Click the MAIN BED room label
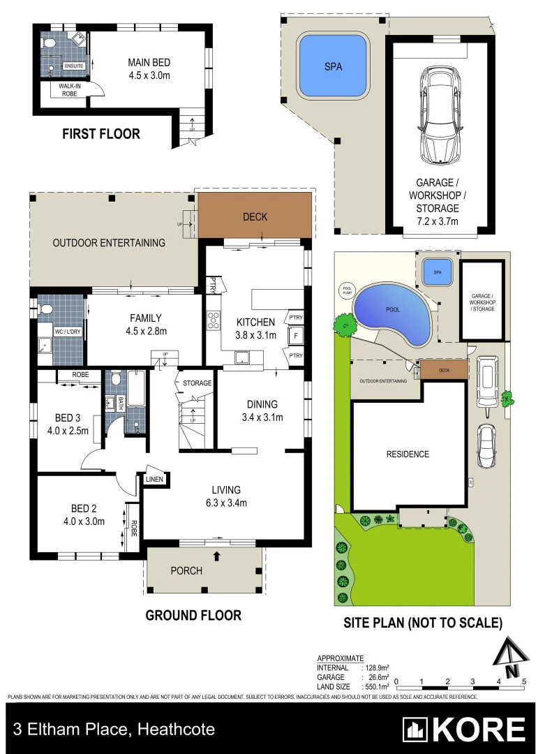149,69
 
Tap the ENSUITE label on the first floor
74,66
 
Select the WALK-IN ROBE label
73,89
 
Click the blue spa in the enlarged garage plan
333,67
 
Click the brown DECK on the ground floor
255,217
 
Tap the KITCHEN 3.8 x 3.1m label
256,328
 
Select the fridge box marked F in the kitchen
296,336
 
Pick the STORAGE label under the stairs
197,383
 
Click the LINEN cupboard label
154,480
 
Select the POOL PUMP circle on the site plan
347,290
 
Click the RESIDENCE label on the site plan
408,454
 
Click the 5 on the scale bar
523,681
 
